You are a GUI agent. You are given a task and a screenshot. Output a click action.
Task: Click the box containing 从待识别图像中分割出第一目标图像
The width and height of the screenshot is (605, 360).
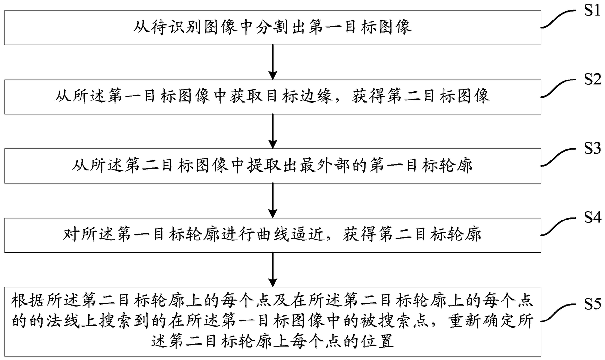tap(273, 27)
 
